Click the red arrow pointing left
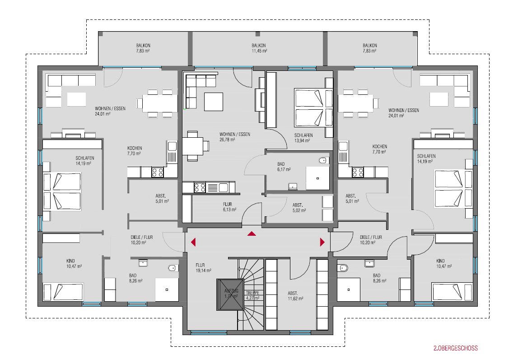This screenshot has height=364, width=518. point(193,242)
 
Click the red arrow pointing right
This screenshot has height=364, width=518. point(322,242)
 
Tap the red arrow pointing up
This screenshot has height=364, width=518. point(252,233)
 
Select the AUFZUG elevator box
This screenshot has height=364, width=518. point(230,294)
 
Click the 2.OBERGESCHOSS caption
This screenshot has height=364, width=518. point(456,348)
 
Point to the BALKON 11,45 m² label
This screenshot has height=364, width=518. point(259,48)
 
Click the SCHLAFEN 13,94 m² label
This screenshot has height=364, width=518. point(303,138)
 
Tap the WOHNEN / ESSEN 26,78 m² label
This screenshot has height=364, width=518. point(234,137)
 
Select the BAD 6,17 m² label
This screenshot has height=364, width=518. point(284,167)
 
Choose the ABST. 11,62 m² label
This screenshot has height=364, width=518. point(295,296)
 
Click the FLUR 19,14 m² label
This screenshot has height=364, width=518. point(203,268)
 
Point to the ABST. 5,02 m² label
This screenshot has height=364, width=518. point(299,208)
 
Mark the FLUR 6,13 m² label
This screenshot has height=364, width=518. point(229,207)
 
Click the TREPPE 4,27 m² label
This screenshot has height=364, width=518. point(252,295)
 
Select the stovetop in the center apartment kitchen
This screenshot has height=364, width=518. point(200,188)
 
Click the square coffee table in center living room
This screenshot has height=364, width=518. point(214,102)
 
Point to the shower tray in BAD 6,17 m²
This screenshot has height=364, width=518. point(317,178)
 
